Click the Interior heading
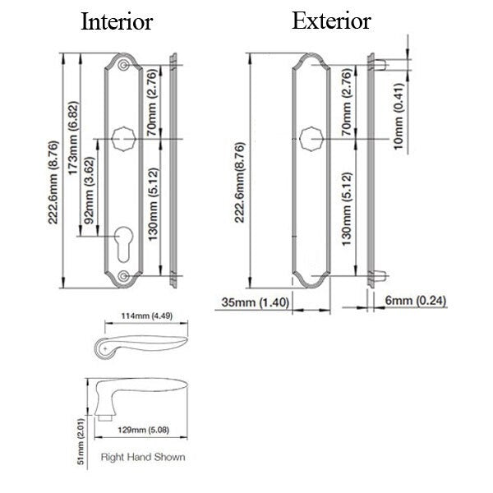pyautogui.click(x=116, y=22)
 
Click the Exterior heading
pyautogui.click(x=331, y=21)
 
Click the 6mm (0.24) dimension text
pyautogui.click(x=416, y=302)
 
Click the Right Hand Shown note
pyautogui.click(x=142, y=457)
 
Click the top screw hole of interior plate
pyautogui.click(x=123, y=64)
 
